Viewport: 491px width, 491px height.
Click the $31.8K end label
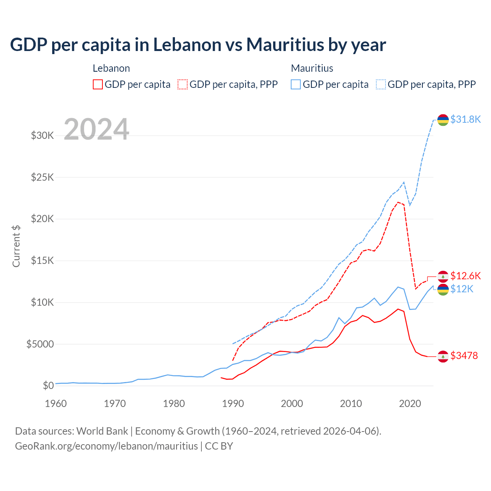tap(465, 119)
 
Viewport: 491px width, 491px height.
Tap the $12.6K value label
tap(465, 276)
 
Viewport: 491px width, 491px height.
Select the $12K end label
tap(462, 289)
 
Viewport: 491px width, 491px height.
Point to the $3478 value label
tap(464, 356)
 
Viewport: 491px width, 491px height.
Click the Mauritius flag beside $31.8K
tap(443, 120)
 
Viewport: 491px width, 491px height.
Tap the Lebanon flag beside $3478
tap(443, 356)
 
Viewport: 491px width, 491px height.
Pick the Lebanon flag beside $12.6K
tap(443, 276)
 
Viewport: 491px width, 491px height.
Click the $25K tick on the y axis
tap(42, 177)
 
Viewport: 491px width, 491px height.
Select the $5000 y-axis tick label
tap(40, 344)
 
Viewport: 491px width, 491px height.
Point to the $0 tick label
tap(48, 386)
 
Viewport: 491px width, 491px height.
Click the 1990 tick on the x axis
tap(233, 404)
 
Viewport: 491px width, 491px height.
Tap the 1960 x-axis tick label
tap(56, 404)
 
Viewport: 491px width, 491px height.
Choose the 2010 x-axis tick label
tap(351, 404)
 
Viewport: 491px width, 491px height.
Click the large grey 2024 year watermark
tap(96, 129)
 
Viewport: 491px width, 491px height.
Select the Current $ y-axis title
tap(16, 246)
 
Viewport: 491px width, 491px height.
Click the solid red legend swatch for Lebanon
tap(98, 84)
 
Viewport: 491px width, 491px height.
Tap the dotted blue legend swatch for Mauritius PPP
tap(381, 84)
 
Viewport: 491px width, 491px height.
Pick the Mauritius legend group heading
tap(312, 68)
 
